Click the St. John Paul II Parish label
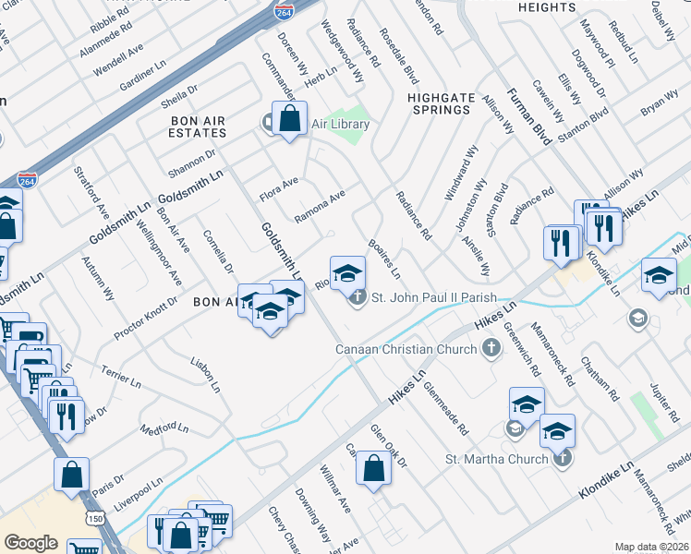(x=434, y=298)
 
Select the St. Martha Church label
(x=497, y=459)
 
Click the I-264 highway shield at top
(x=284, y=11)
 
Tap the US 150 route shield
(x=94, y=520)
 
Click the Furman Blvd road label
(x=528, y=117)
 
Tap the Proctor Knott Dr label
(x=145, y=318)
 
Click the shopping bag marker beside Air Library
(x=290, y=118)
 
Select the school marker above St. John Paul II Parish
(x=348, y=272)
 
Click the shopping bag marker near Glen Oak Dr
(x=372, y=467)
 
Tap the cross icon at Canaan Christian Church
(x=491, y=348)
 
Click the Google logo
(x=30, y=543)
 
